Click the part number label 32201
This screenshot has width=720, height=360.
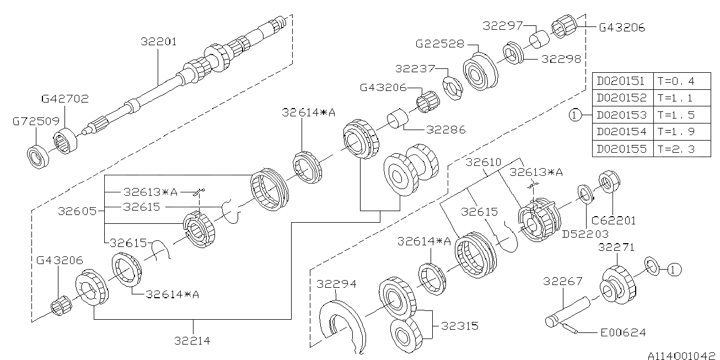pyautogui.click(x=159, y=42)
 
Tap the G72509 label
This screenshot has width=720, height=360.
pyautogui.click(x=36, y=121)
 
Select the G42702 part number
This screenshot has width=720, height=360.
pyautogui.click(x=65, y=99)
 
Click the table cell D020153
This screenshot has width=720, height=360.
pyautogui.click(x=622, y=115)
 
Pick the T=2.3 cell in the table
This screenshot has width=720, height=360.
pyautogui.click(x=676, y=149)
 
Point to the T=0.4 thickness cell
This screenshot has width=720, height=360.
pyautogui.click(x=676, y=81)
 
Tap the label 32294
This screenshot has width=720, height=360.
pyautogui.click(x=336, y=284)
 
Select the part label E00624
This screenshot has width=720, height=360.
pyautogui.click(x=624, y=332)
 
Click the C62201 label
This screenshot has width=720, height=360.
pyautogui.click(x=614, y=221)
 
